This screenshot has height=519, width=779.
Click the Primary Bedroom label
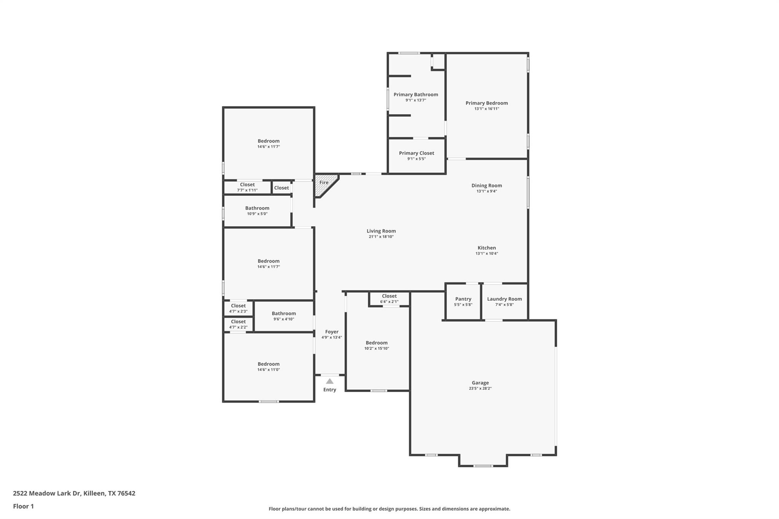click(486, 103)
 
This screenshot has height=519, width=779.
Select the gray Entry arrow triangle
click(330, 381)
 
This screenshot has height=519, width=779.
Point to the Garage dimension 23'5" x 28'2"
click(480, 389)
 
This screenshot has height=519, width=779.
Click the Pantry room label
click(463, 299)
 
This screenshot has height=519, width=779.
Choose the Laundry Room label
click(504, 299)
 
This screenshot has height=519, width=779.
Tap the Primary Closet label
click(416, 153)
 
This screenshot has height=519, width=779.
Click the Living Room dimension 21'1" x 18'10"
click(381, 237)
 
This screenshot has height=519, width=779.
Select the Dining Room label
click(486, 186)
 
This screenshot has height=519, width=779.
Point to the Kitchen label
click(486, 248)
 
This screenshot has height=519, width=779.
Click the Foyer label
click(332, 332)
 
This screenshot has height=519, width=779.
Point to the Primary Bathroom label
click(416, 95)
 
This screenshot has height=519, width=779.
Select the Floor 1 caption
click(24, 506)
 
